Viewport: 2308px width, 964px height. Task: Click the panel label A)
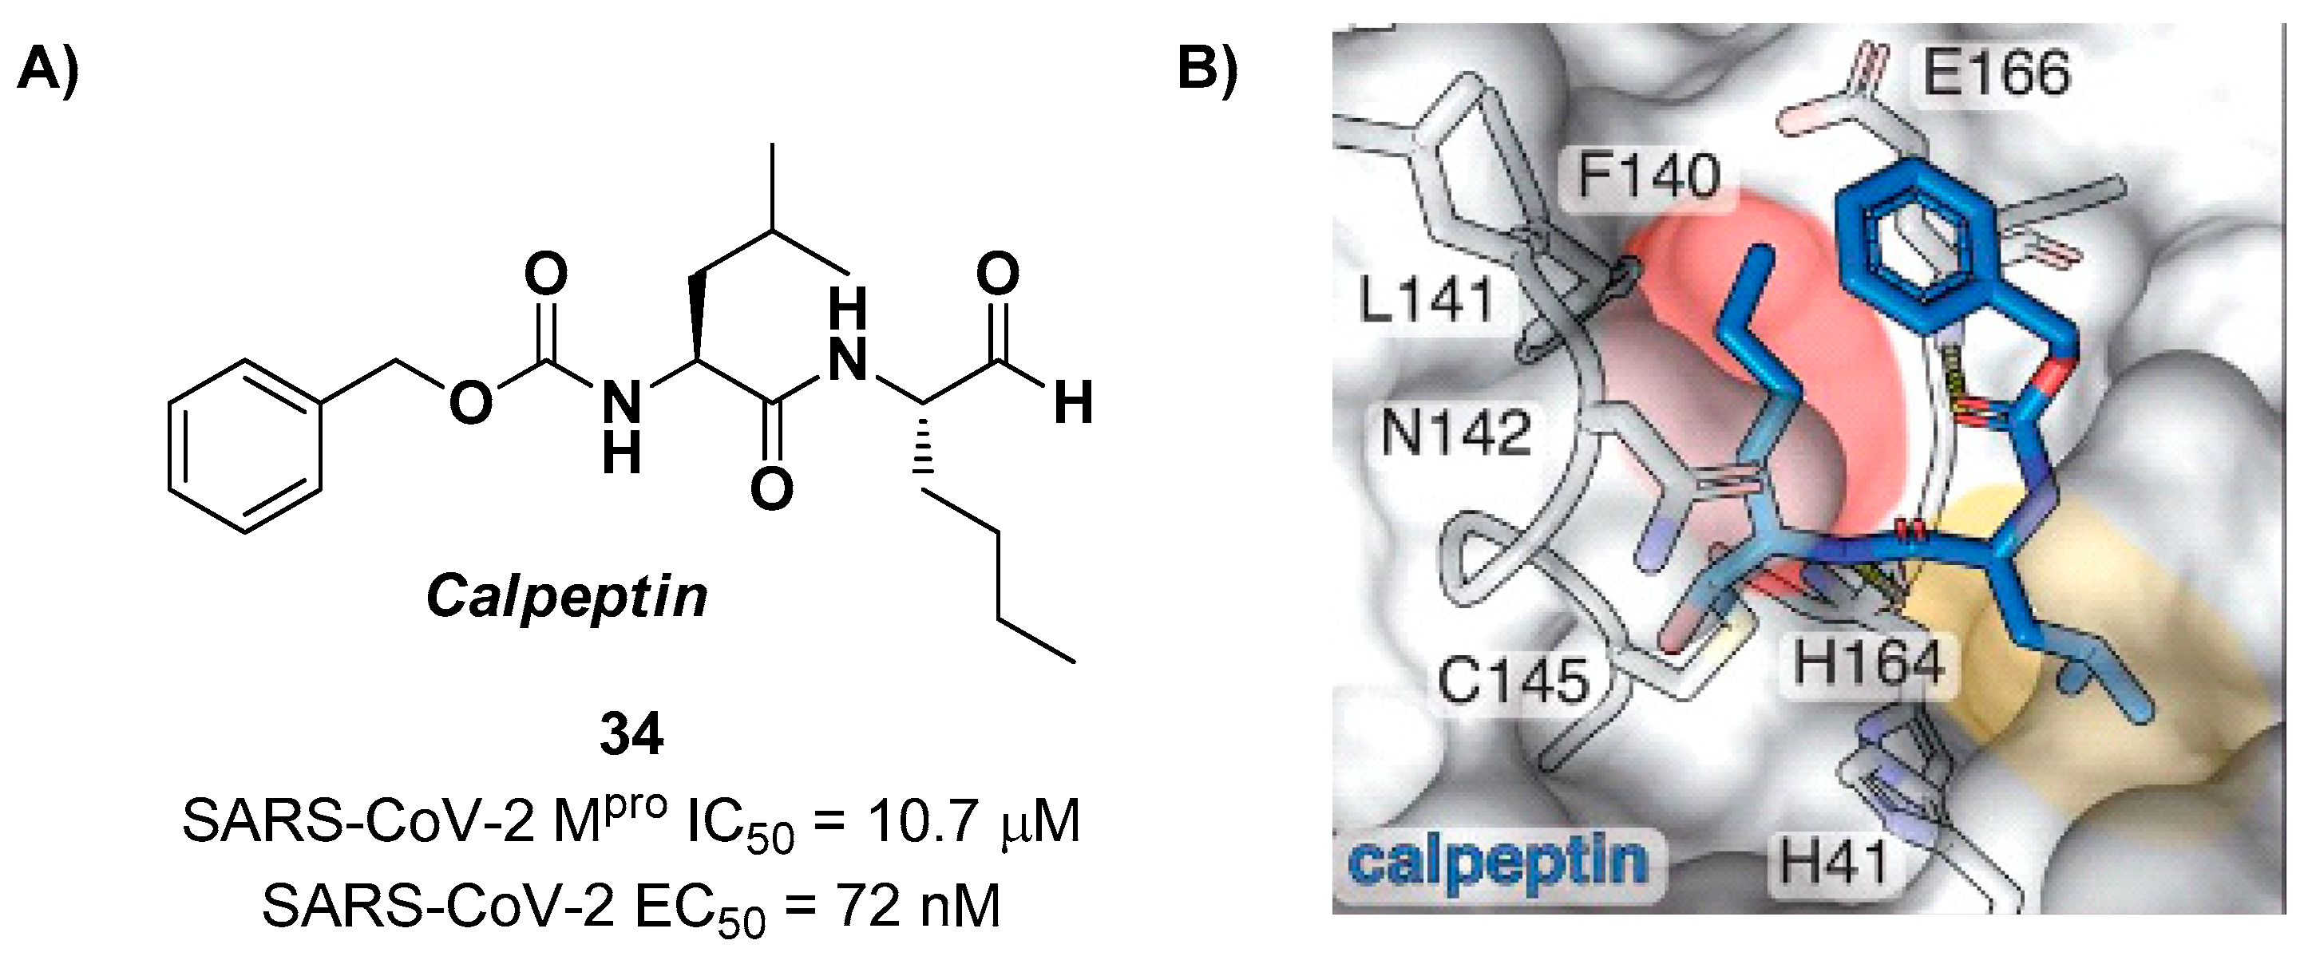coord(47,70)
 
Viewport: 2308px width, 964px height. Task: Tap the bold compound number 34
coord(631,736)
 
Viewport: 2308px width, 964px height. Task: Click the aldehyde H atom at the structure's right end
coord(1072,403)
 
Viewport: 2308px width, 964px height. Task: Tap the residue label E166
coord(1995,73)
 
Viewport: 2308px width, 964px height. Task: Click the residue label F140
coord(1649,176)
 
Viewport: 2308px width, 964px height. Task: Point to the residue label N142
coord(1456,433)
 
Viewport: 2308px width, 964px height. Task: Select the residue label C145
coord(1514,679)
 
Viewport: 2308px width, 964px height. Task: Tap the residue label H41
coord(1832,863)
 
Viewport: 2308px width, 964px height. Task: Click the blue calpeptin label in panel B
coord(1497,862)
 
